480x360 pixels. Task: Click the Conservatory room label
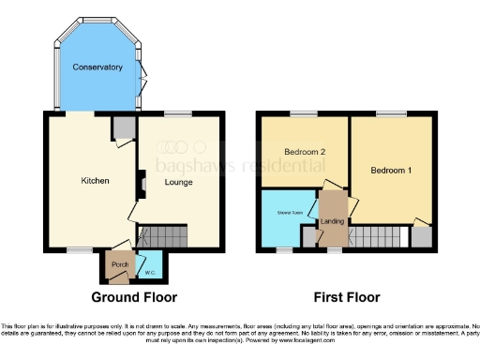pyautogui.click(x=98, y=67)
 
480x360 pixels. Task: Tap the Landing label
pyautogui.click(x=332, y=221)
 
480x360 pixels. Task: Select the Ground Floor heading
pyautogui.click(x=129, y=297)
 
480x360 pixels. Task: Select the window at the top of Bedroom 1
pyautogui.click(x=391, y=114)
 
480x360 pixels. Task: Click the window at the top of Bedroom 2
pyautogui.click(x=304, y=114)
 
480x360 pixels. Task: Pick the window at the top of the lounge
pyautogui.click(x=177, y=114)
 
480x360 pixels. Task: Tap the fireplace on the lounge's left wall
pyautogui.click(x=141, y=183)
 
